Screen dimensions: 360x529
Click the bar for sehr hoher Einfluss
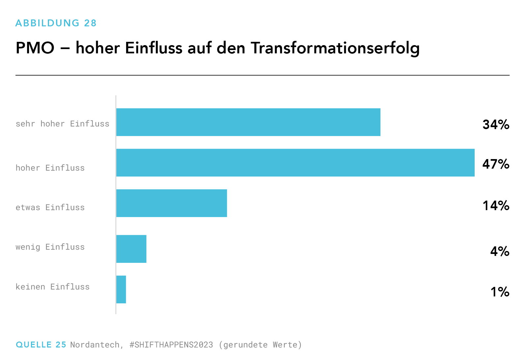click(248, 122)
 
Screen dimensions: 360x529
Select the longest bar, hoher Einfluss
click(295, 163)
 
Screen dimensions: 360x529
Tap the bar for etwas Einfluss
click(172, 203)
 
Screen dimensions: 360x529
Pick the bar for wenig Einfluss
click(131, 249)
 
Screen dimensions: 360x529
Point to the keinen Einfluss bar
click(121, 290)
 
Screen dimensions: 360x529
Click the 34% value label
click(496, 125)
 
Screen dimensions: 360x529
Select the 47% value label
click(496, 164)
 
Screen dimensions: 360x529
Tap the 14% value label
click(496, 206)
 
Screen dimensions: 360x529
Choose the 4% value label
click(500, 251)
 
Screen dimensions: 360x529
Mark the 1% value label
click(500, 292)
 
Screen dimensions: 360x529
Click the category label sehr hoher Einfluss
click(63, 124)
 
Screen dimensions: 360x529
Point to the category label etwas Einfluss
click(50, 208)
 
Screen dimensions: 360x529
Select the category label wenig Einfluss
click(50, 247)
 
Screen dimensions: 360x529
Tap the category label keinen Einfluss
click(53, 287)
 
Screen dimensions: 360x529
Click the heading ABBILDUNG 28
click(56, 23)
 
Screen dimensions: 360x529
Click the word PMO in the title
click(35, 48)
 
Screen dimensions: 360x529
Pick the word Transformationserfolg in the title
click(335, 48)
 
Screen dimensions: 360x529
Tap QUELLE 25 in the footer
click(41, 345)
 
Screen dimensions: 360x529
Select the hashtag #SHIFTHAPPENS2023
click(171, 345)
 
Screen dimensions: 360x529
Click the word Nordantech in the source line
click(95, 345)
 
